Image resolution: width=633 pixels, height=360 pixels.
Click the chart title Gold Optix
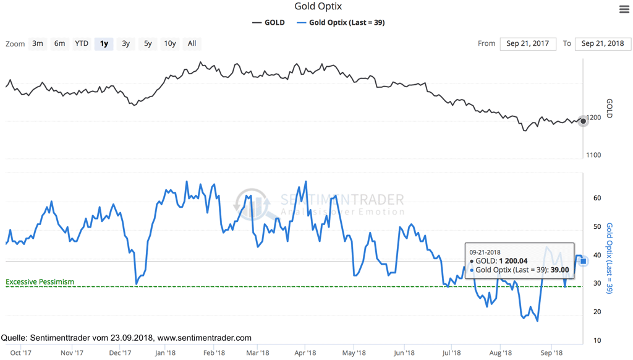[318, 7]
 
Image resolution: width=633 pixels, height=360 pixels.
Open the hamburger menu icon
[624, 9]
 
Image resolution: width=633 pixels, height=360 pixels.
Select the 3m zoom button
[38, 43]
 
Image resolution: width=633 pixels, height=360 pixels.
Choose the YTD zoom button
[82, 43]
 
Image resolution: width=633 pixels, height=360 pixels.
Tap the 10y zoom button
[169, 43]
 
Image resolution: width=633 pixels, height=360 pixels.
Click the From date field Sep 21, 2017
[527, 43]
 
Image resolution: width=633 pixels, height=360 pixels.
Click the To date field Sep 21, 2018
[603, 43]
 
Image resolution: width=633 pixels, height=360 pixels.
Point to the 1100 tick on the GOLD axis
[593, 155]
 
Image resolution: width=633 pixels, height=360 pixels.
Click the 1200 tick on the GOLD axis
[594, 118]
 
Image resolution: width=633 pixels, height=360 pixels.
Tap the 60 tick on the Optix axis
[597, 199]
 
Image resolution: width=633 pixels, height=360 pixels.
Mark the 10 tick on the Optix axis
[597, 341]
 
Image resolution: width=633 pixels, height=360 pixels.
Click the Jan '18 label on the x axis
[165, 353]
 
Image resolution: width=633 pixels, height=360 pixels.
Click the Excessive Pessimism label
[40, 282]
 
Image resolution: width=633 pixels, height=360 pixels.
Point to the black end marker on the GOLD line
[583, 121]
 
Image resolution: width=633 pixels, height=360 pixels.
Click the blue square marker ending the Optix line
[583, 261]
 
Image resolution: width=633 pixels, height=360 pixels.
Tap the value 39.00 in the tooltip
[559, 270]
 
